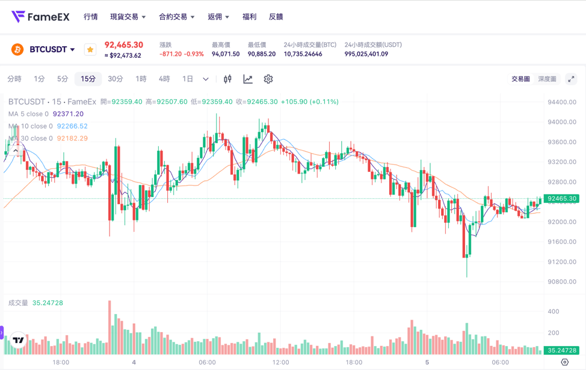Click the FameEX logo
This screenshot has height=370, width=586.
coord(40,17)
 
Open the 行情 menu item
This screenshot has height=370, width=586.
coord(91,17)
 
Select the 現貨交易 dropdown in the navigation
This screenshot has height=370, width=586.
coord(128,17)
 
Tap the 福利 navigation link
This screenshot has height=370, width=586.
coord(249,17)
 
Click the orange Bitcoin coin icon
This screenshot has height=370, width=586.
coord(17,49)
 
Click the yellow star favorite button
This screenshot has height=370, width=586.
coord(90,49)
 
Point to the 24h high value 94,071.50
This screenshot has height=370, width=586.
coord(226,54)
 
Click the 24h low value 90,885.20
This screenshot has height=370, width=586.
coord(262,54)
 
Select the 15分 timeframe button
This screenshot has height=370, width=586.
coord(88,79)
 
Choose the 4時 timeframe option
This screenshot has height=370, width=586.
coord(164,79)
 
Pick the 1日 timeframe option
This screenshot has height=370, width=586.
coord(188,79)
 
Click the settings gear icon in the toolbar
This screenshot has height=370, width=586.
coord(268,79)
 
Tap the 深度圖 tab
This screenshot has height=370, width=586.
coord(547,79)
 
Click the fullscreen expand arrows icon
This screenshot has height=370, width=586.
coord(571,79)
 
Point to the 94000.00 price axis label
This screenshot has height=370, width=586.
coord(562,122)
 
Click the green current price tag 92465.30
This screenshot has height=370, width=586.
coord(562,198)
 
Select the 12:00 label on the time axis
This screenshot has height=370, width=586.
coord(280,362)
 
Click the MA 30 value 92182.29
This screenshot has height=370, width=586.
coord(72,138)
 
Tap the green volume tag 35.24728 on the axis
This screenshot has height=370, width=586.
coord(562,350)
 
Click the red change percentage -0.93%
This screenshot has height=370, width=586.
coord(194,54)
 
